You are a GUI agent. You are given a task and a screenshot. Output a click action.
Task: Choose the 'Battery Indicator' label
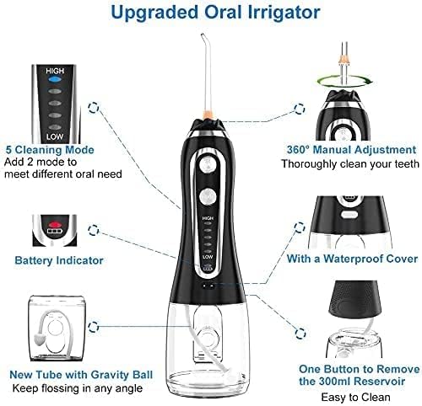pos(59,261)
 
